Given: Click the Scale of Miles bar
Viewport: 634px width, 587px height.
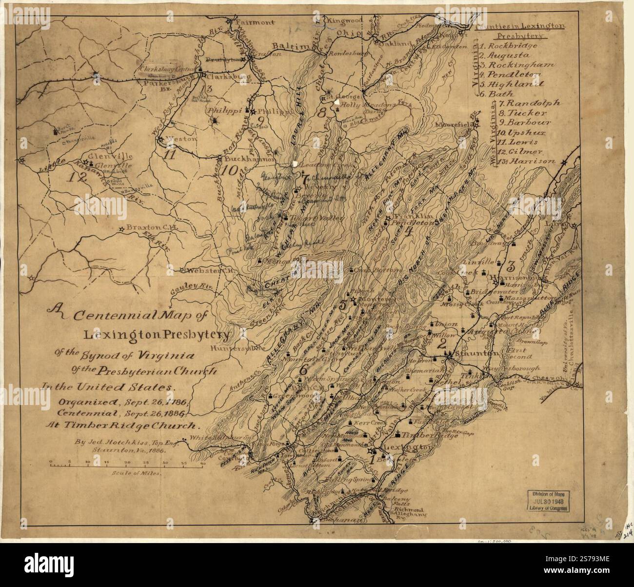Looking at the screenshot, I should [x=126, y=464].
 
